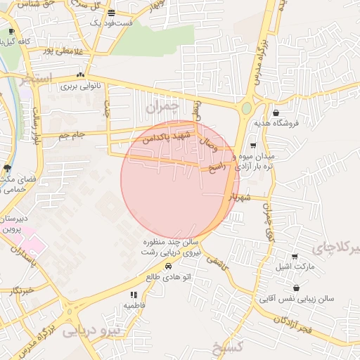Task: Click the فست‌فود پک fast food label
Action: coord(111,23)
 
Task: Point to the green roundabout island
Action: coord(247,108)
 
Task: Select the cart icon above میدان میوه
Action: coord(253,146)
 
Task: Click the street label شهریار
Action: coord(239,195)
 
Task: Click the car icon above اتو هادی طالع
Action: coord(168,267)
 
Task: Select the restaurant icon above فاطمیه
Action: coord(133,295)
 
